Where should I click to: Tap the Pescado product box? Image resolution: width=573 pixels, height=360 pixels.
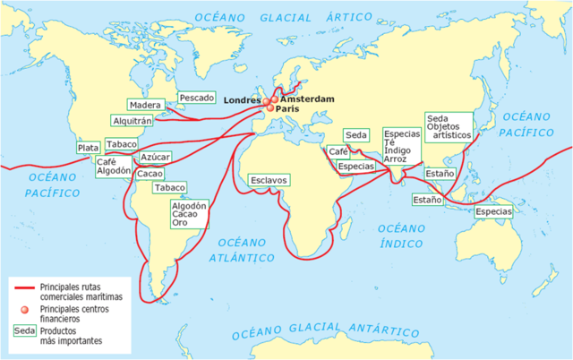(196, 97)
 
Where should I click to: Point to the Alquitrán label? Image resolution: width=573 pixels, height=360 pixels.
(133, 119)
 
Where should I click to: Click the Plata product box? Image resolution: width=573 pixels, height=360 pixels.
(88, 148)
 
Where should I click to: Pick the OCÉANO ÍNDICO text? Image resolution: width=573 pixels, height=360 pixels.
(406, 237)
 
